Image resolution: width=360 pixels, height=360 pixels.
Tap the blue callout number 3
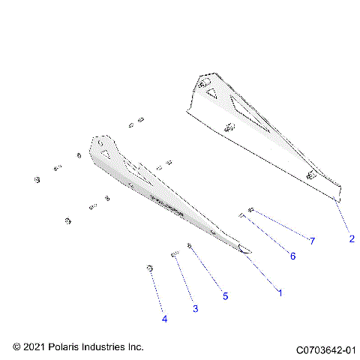[x=195, y=308]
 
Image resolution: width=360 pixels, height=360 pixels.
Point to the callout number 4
[x=164, y=319]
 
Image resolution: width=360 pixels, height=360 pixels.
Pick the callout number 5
[x=225, y=295]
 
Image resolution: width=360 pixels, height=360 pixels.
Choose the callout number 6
[x=293, y=256]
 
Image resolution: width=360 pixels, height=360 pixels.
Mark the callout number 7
[x=312, y=240]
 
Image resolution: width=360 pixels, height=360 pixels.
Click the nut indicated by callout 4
[x=150, y=268]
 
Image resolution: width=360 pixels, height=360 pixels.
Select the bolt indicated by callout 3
[x=175, y=255]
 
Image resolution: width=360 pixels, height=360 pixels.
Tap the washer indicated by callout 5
[x=190, y=247]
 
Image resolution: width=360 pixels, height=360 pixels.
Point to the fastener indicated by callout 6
[x=242, y=217]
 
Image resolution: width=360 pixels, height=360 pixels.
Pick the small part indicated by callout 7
[x=250, y=210]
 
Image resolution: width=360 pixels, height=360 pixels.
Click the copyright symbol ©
[x=17, y=347]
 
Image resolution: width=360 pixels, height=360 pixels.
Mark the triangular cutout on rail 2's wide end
[x=212, y=94]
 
